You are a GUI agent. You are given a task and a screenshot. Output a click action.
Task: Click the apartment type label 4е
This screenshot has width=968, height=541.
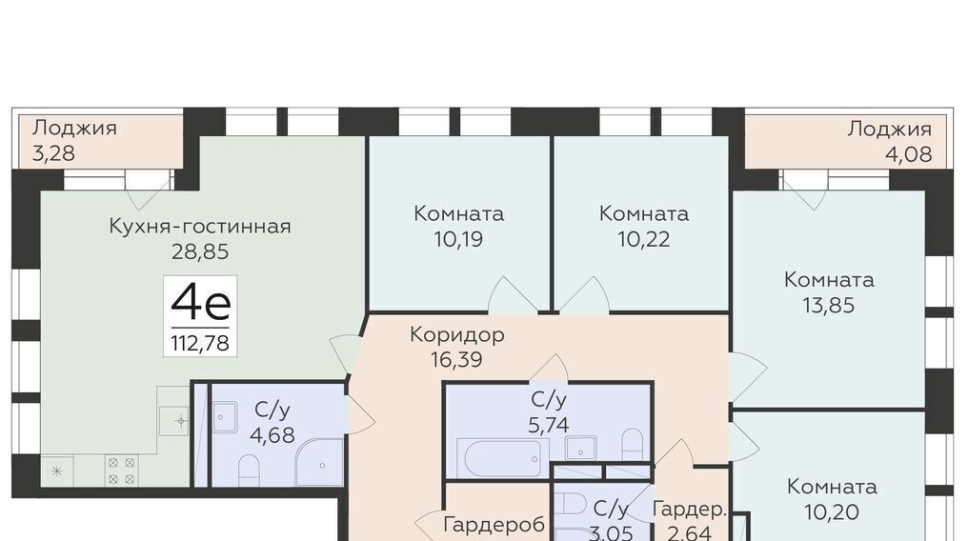point(201,303)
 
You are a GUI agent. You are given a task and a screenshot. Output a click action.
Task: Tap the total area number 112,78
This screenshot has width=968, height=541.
point(200,343)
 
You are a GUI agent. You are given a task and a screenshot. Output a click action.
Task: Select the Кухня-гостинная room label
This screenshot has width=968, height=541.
point(200,227)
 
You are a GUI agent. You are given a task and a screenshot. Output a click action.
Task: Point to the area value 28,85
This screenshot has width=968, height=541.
point(200,251)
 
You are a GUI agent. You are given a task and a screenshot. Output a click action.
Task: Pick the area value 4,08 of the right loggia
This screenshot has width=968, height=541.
point(908,154)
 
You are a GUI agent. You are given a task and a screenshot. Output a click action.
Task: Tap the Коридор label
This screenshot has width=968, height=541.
point(457,334)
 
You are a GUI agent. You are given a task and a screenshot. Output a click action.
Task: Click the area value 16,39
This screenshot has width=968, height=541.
point(456,360)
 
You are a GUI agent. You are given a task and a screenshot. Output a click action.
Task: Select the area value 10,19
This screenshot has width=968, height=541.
point(458,239)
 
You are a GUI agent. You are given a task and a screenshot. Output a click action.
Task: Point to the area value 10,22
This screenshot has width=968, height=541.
point(644,239)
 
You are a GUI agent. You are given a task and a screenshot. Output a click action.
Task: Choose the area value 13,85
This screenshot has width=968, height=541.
point(829,306)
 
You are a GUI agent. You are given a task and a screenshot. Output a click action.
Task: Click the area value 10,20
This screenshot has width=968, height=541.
point(832,512)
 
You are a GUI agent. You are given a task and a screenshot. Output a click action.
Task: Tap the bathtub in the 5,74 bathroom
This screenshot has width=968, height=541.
point(502,458)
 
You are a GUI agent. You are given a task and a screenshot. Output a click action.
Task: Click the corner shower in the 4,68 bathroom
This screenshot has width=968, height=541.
point(319,462)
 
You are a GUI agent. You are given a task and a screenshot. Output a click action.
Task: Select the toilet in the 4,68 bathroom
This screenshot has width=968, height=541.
point(248,471)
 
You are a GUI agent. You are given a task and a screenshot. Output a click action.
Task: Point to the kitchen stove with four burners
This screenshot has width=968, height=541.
point(121,471)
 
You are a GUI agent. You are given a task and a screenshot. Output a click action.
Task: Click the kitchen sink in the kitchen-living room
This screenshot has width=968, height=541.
point(173,421)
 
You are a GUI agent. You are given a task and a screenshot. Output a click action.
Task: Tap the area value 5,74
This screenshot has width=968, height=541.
point(549,425)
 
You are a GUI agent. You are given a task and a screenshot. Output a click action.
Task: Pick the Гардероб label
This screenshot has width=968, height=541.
point(494,525)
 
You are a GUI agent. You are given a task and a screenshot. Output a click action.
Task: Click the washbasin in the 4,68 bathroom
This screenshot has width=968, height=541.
point(225,417)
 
